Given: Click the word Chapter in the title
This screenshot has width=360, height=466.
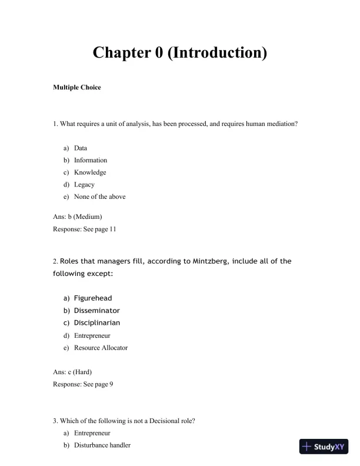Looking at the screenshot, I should tap(121, 53).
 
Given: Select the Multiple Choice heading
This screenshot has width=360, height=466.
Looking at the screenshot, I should tap(76, 88).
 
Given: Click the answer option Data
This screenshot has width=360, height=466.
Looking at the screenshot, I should tap(81, 148).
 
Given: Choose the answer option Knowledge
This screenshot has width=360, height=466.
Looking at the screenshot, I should tap(90, 172).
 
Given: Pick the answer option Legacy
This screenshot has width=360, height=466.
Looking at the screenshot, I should tap(84, 185).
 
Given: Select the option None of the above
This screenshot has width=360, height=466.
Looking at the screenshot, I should tap(99, 197).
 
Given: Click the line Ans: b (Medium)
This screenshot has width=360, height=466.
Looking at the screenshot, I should tap(77, 217).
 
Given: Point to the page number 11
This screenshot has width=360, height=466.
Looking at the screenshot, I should tap(112, 229).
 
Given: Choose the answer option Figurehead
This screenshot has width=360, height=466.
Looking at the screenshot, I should tap(93, 298).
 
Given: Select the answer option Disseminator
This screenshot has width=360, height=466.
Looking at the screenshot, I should tap(96, 311).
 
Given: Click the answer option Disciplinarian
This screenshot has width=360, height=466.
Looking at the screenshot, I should tap(97, 323).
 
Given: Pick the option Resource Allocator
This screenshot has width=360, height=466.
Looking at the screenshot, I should tap(101, 348).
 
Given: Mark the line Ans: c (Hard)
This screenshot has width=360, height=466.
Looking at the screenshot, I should tap(72, 372).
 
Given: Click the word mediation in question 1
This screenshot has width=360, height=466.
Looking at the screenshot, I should tap(284, 124).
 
